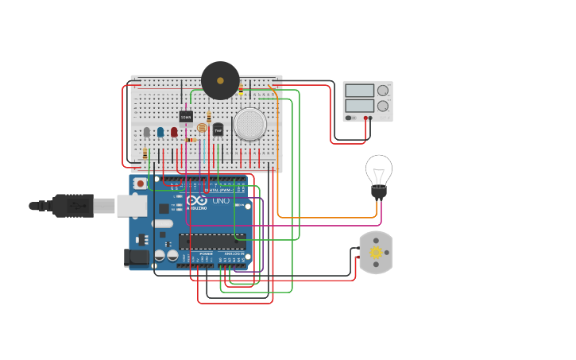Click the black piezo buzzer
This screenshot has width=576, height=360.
[220, 80]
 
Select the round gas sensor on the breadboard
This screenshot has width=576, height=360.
[249, 124]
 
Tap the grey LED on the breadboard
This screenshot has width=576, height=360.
[146, 132]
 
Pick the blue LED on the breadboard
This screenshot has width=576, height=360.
[160, 132]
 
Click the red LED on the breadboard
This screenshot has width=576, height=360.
[174, 132]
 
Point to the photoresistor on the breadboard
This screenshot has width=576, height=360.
[201, 128]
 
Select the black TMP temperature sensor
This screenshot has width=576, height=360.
[218, 130]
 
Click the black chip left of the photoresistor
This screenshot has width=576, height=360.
[186, 117]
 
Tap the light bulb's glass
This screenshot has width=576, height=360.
[379, 169]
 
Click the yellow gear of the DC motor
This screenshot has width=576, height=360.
[376, 253]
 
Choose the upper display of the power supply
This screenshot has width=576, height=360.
[359, 91]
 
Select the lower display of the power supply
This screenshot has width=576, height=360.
[359, 105]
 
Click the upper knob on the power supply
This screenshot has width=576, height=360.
[383, 91]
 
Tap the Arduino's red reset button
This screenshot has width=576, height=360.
[141, 184]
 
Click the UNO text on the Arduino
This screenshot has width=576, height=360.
[221, 201]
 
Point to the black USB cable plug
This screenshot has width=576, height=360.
[72, 206]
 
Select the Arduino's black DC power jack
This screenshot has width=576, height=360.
[137, 257]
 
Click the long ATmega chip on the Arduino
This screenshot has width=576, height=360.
[211, 242]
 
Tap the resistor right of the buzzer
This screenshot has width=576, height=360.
[241, 89]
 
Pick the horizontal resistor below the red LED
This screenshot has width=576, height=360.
[189, 140]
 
